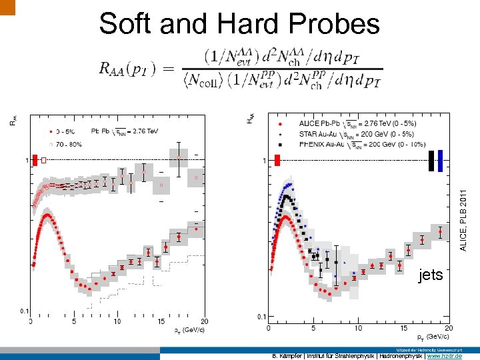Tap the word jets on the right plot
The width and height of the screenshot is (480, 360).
430,275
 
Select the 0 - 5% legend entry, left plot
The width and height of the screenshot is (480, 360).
66,131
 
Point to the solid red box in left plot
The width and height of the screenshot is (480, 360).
35,160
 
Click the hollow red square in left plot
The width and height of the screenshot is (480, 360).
43,160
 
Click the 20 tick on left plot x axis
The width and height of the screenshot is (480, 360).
204,321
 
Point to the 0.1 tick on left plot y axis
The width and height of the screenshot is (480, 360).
23,311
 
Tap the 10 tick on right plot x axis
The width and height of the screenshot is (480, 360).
358,327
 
